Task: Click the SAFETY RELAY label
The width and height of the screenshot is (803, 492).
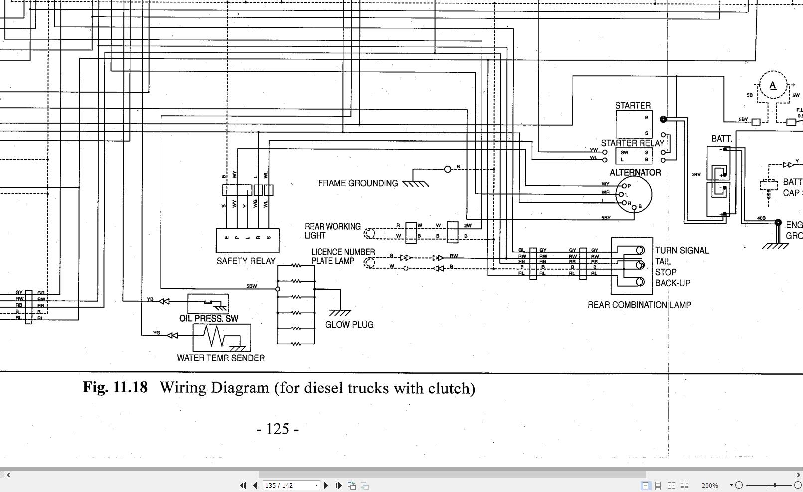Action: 246,261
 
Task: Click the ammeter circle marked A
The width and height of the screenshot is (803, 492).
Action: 772,86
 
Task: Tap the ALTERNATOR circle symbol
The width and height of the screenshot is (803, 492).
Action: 634,195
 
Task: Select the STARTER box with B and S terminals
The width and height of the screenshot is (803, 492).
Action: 634,124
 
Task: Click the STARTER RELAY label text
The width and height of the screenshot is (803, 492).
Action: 632,143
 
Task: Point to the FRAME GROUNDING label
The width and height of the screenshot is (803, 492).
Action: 358,183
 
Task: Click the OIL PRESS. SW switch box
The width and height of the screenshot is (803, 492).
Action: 208,303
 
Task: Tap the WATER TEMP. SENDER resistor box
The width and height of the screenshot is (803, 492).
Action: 222,337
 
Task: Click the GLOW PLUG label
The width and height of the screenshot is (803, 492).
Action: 349,325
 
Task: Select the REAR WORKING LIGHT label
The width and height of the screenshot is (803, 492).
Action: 332,231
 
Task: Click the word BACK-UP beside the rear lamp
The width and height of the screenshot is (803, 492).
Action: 672,283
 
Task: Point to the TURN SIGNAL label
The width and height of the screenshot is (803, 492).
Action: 681,251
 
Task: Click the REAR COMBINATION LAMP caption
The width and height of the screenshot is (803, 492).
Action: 639,305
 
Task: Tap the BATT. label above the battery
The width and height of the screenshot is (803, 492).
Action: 721,139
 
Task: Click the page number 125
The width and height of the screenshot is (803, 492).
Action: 278,429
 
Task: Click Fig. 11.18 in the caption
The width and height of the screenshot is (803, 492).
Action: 115,388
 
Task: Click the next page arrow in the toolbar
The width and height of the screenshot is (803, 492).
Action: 326,485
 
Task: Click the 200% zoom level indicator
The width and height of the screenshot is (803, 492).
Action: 709,485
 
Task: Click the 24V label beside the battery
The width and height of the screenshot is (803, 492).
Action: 696,175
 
